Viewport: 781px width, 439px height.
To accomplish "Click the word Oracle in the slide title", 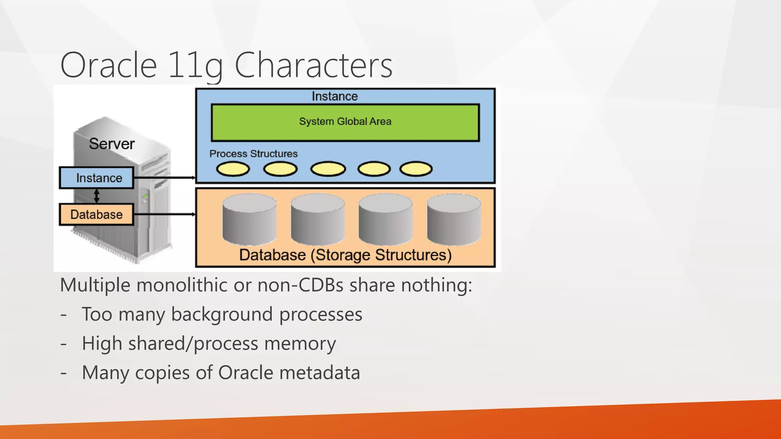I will tap(109, 66).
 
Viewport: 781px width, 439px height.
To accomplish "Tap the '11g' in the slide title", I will tap(195, 66).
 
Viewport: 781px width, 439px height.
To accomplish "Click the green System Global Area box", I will tap(345, 122).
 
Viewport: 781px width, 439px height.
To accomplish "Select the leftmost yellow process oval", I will tap(233, 169).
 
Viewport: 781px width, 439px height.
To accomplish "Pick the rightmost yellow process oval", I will tap(416, 169).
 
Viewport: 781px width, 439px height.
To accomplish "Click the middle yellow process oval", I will tap(328, 169).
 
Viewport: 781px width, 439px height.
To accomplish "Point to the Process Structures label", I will tap(253, 154).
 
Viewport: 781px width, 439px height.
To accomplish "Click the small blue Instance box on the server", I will tap(97, 178).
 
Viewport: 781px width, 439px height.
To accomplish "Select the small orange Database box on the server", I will tap(96, 215).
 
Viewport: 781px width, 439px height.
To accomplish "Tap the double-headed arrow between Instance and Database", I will tap(96, 196).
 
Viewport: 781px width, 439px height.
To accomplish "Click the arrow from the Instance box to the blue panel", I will tap(164, 178).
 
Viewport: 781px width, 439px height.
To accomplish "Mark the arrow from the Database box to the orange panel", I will tap(164, 214).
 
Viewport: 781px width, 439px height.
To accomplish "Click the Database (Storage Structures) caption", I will tap(345, 255).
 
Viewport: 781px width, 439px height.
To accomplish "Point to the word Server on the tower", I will tap(112, 144).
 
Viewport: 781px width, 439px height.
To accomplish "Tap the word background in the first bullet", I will tap(222, 314).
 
